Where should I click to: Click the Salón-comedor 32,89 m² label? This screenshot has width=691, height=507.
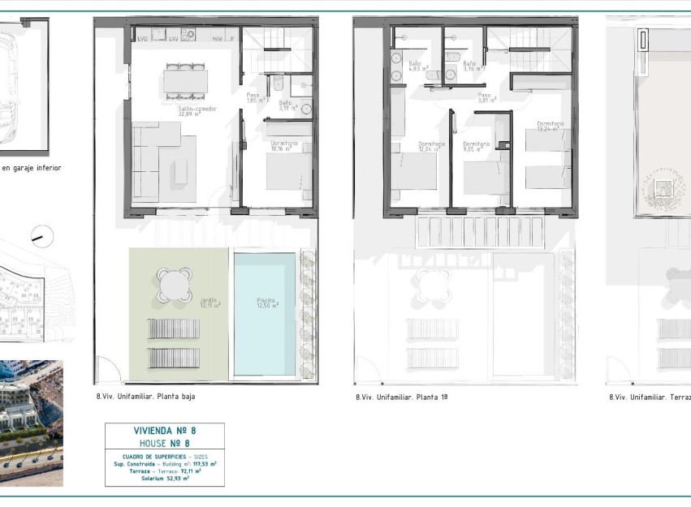point(197,110)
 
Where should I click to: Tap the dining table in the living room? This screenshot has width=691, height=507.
point(185,80)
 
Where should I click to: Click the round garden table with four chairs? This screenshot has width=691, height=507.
point(175,285)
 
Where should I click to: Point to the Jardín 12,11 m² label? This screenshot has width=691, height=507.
point(210,303)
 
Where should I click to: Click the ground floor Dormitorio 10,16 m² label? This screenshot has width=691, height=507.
point(284,146)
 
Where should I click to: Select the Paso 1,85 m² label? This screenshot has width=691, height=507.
point(253,97)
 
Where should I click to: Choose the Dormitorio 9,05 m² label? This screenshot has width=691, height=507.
point(476,147)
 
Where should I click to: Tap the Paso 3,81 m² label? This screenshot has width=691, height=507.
point(485,97)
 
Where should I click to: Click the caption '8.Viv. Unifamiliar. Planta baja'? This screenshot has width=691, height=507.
point(145,397)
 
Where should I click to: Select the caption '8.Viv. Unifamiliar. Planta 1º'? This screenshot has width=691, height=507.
point(401,397)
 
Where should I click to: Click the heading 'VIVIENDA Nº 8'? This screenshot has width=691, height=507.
point(164,432)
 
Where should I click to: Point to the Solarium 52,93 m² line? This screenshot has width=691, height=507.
point(164,479)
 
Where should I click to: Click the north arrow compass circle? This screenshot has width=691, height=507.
point(42,237)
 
